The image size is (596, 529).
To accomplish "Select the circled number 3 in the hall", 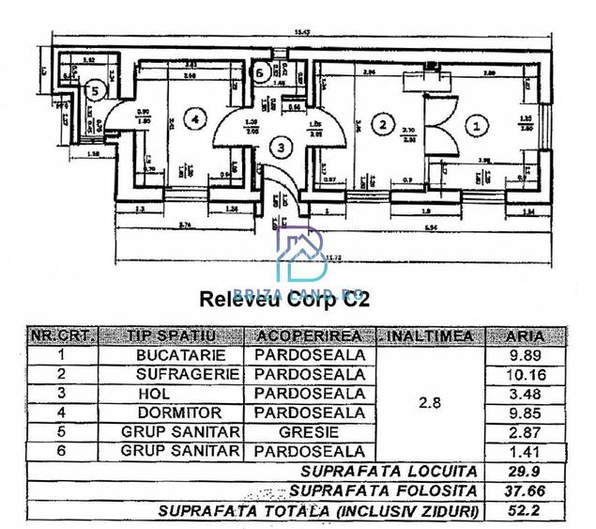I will (x=278, y=147).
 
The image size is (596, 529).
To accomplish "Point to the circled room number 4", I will (x=193, y=119).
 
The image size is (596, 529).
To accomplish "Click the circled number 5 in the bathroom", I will (x=92, y=90).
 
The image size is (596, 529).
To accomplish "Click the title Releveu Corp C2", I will (x=285, y=300).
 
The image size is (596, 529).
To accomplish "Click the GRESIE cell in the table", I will (x=310, y=431).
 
